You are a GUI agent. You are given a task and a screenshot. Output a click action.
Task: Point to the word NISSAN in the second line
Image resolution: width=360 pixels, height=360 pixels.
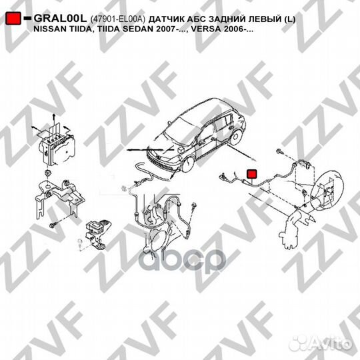tap(51, 31)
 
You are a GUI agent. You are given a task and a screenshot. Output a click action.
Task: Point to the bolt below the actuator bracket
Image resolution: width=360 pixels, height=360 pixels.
tap(52, 227)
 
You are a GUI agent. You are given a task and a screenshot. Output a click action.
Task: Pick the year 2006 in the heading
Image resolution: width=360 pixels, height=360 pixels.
tap(238, 31)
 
